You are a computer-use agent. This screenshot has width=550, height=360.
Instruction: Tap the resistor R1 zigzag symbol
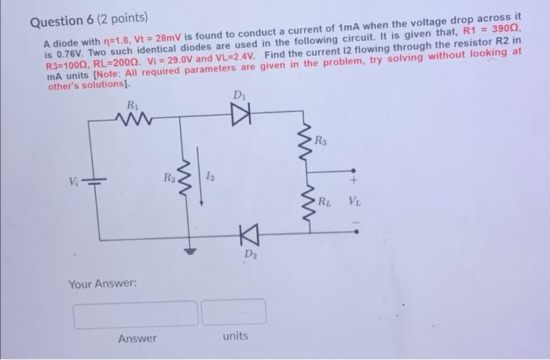(130, 119)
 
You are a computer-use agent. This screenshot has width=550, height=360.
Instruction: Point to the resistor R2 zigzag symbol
(189, 178)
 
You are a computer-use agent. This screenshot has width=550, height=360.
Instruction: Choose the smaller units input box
(233, 312)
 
